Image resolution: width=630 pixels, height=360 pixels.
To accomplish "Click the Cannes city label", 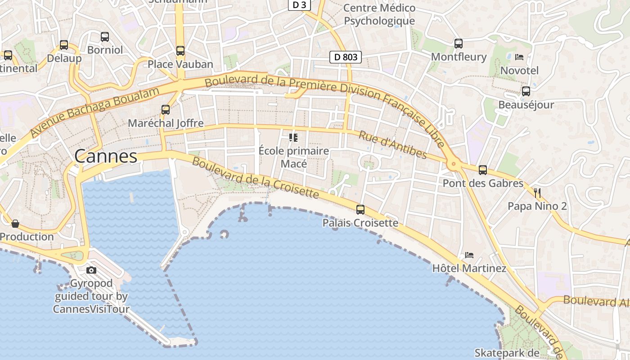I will (x=106, y=156).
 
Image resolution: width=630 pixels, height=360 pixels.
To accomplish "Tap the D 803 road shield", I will (x=346, y=57).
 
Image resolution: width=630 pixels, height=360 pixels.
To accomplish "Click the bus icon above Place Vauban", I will (x=180, y=51).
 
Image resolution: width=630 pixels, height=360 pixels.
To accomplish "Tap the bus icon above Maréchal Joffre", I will (x=166, y=110).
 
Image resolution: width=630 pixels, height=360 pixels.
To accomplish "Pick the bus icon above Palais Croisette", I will (x=360, y=210).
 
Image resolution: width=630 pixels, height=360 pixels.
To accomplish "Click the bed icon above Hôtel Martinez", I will (x=469, y=255).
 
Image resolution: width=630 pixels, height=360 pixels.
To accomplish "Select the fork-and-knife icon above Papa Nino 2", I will (x=537, y=193).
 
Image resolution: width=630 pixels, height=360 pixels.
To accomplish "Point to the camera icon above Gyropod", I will (x=91, y=270).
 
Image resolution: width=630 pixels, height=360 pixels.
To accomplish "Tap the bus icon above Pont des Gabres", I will (x=483, y=170).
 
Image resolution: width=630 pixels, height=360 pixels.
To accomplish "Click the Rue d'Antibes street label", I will (x=393, y=144).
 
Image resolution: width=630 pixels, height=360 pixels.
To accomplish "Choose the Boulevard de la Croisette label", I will (x=255, y=178).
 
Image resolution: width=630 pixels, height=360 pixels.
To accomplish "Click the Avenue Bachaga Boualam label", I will (x=94, y=112).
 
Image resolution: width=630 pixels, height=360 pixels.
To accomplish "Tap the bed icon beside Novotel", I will (x=519, y=57).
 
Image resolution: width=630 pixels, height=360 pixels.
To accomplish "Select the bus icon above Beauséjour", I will (x=526, y=91).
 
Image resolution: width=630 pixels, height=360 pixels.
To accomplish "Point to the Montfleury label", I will (x=459, y=57).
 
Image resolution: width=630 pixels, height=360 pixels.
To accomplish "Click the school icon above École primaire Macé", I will (x=293, y=137).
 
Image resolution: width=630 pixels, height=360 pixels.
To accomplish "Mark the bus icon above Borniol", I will (x=105, y=37).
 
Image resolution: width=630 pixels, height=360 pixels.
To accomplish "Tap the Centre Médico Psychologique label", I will (x=379, y=14).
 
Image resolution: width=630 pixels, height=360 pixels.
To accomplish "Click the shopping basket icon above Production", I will (x=15, y=224).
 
